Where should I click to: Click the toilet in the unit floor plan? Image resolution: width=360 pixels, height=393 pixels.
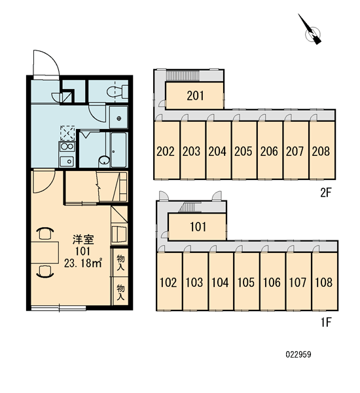pos(117,92)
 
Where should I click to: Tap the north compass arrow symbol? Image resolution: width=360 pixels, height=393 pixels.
pos(310,30)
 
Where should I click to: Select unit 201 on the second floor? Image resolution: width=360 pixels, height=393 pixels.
pos(195,96)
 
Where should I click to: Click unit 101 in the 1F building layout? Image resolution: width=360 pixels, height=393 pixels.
pos(198,227)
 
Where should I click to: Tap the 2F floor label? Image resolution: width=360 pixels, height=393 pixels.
pos(326,193)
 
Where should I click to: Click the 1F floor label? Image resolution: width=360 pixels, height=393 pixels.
pos(326,322)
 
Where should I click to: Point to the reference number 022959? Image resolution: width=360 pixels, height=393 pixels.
pos(298,354)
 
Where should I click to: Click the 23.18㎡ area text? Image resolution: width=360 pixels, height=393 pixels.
pos(83,263)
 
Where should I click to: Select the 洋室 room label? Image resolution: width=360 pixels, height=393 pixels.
pos(83,240)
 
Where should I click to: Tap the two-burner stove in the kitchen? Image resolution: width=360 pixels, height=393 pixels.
pos(67,146)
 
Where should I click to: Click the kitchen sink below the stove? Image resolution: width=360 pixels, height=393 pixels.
pos(67,161)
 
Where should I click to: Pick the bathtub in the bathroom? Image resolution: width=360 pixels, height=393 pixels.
pos(118,149)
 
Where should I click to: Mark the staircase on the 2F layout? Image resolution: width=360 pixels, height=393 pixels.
pos(183,75)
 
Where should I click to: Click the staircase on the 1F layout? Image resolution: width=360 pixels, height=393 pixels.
pos(188,207)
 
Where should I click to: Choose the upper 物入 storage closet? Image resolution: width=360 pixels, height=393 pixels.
pos(120,263)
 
